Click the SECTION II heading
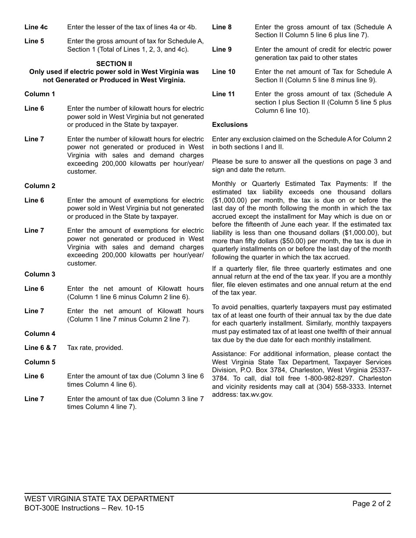114,63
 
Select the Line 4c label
36,27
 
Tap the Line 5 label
34,41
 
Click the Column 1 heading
40,94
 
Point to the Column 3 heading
40,274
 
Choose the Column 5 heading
40,362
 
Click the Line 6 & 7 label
40,348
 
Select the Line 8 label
222,27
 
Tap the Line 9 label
222,49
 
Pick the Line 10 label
223,72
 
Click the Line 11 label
223,94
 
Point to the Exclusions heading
230,125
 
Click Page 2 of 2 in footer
371,503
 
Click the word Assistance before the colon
227,354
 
